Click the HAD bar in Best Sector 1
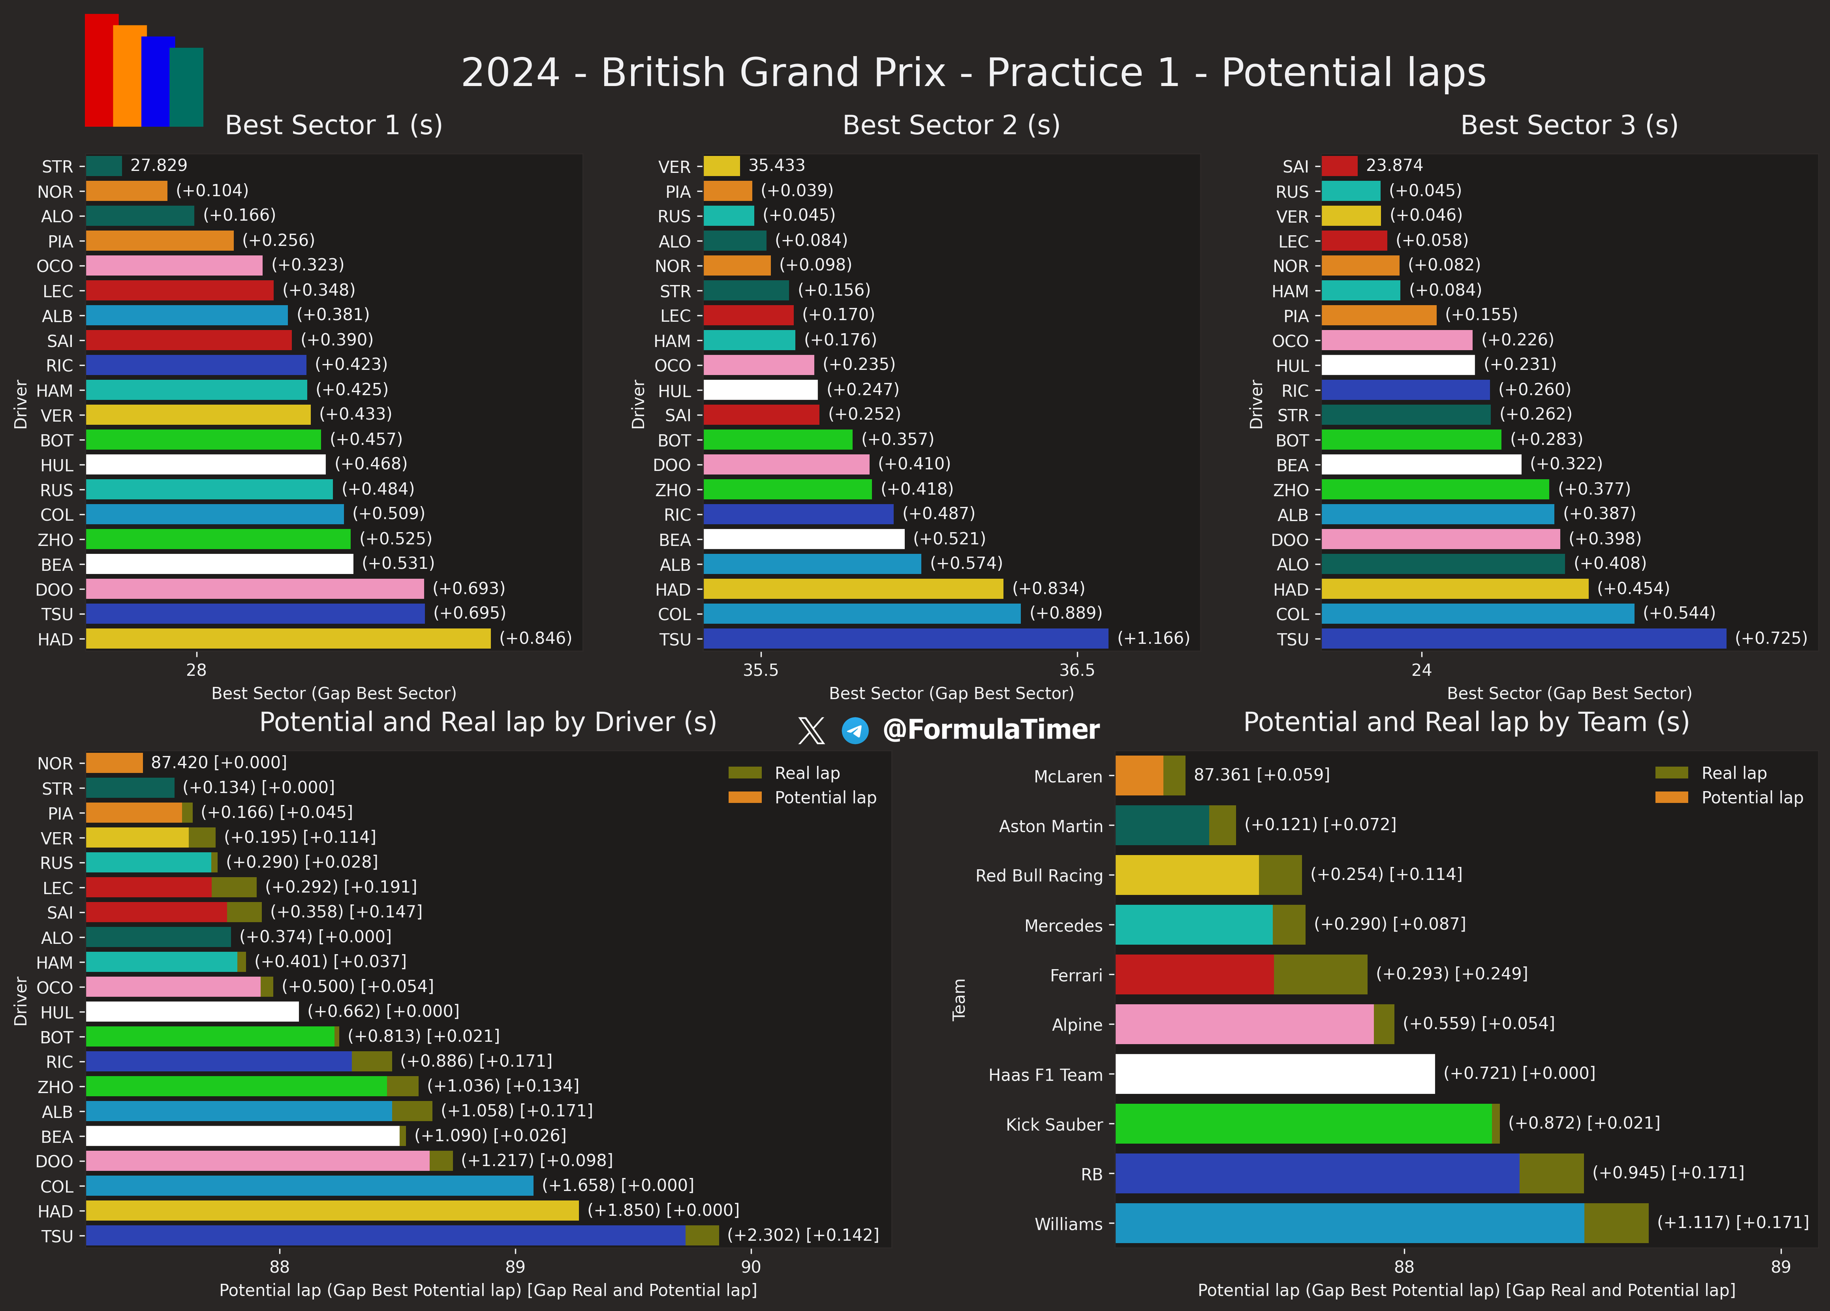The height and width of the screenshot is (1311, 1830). click(288, 639)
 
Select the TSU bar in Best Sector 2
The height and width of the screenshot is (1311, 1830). click(905, 639)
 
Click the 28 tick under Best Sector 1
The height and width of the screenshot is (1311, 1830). click(196, 670)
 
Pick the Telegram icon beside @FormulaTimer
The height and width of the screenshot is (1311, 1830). click(855, 730)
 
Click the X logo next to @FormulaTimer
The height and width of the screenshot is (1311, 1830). click(811, 730)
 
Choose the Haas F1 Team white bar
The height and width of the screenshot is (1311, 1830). click(1275, 1074)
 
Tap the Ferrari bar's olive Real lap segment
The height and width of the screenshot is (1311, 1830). click(1320, 975)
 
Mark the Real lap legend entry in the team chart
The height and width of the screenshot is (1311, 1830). click(1733, 773)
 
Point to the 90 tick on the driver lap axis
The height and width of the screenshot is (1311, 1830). click(751, 1267)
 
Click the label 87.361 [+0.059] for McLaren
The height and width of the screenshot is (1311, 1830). click(1261, 775)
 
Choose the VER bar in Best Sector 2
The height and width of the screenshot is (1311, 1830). click(722, 166)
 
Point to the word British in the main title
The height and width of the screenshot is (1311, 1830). click(773, 73)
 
